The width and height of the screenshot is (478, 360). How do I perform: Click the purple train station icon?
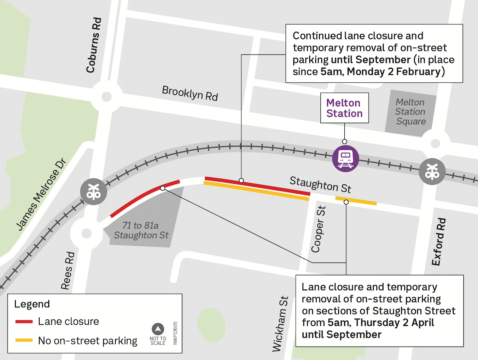point(345,159)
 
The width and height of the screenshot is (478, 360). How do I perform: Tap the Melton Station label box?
point(344,108)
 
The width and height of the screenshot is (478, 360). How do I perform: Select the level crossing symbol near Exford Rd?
point(432,172)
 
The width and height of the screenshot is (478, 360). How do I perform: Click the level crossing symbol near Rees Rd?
point(93,191)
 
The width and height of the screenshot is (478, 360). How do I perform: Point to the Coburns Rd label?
point(93,45)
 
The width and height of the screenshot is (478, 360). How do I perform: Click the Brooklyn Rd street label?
point(190,93)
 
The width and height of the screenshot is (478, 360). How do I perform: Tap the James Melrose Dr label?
point(41,194)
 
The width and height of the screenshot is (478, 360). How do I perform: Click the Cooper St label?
point(319,229)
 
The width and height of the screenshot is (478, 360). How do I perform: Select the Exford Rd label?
point(439,242)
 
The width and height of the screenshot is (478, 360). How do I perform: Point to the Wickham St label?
point(280,324)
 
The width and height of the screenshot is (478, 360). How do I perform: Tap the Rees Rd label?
point(68,271)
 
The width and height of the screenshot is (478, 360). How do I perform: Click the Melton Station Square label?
point(410,112)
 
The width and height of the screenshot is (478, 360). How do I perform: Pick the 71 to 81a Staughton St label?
point(141,231)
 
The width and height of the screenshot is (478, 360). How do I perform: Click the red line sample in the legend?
point(24,322)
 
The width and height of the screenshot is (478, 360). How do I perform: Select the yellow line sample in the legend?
point(24,340)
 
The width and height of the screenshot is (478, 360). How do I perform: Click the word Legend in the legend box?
point(32,304)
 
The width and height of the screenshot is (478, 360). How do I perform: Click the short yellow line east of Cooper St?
point(356,201)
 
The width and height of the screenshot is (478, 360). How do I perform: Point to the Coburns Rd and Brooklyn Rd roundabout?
point(106,97)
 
